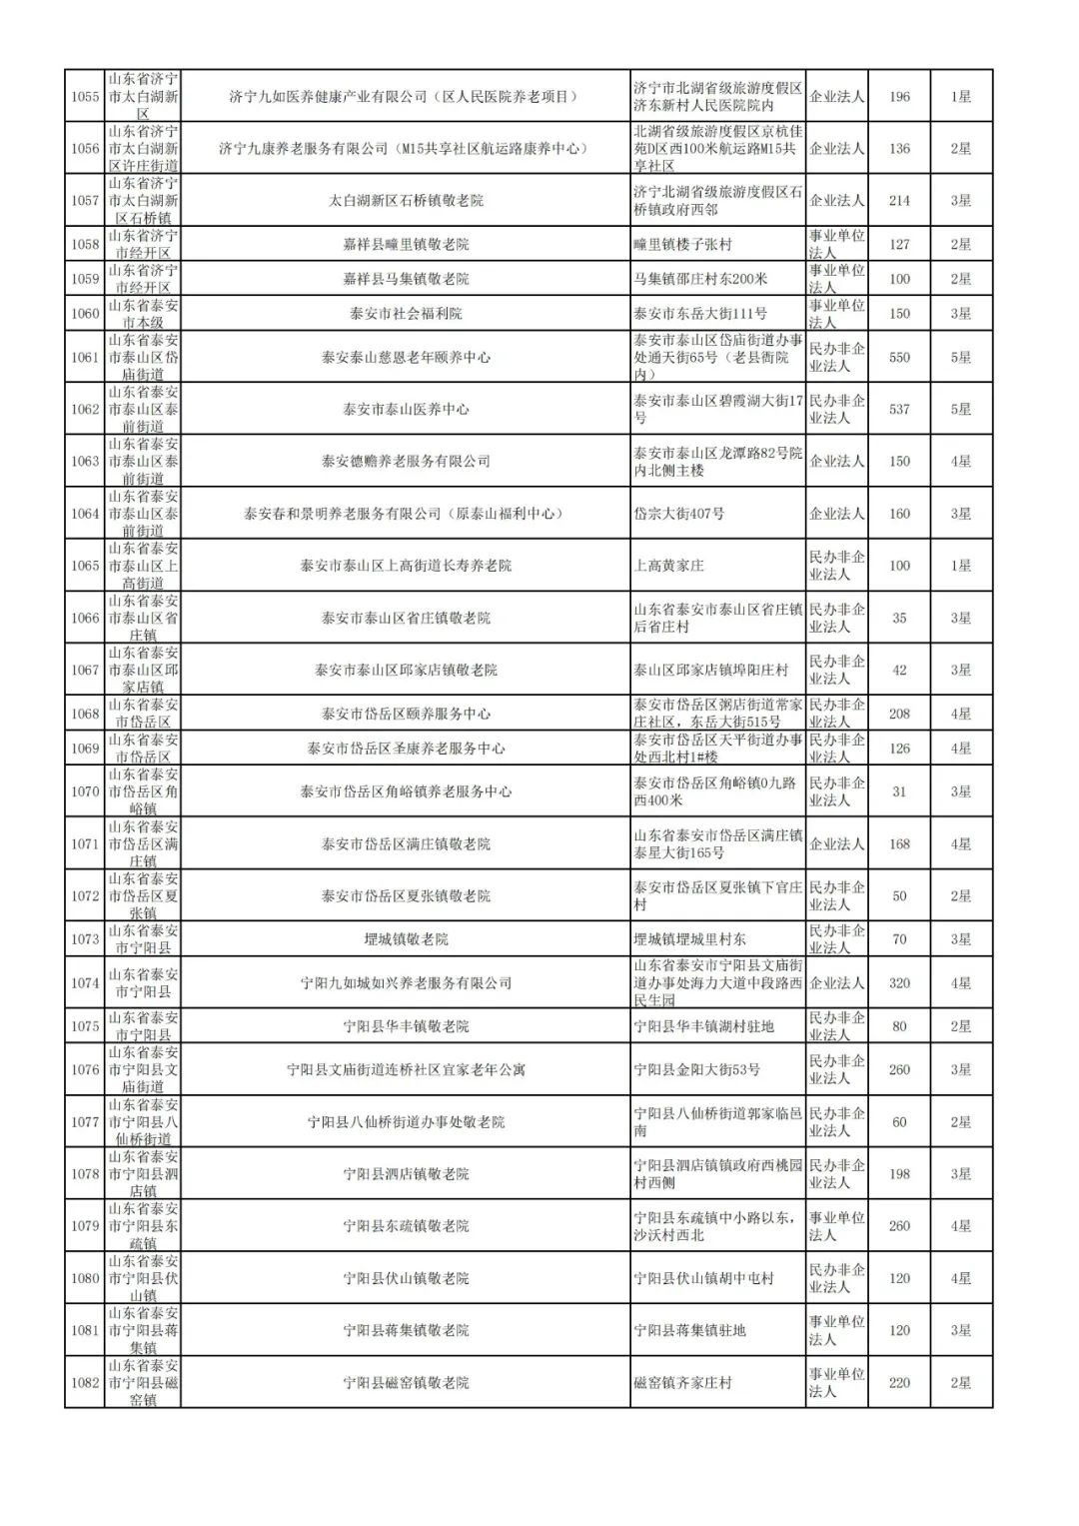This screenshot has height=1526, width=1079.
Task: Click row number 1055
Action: (85, 97)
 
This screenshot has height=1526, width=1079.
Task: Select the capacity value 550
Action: (899, 357)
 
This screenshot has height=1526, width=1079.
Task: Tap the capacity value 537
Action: (899, 409)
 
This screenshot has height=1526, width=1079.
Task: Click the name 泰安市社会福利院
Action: (406, 314)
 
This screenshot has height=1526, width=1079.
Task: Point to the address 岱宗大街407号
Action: (679, 514)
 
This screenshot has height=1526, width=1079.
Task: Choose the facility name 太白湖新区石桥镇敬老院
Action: (406, 201)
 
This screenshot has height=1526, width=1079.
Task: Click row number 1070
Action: (85, 791)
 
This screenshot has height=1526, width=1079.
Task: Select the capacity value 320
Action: (899, 983)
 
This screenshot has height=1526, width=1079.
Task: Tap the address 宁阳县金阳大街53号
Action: (697, 1069)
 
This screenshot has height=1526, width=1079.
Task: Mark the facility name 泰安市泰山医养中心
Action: (406, 409)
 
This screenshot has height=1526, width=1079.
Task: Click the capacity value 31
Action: (899, 791)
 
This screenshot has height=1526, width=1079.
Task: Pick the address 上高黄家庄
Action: (669, 566)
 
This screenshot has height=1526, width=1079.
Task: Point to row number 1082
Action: (85, 1383)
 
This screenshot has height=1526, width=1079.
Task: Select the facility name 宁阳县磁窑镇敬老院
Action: (406, 1383)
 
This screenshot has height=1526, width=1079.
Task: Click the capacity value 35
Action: (899, 619)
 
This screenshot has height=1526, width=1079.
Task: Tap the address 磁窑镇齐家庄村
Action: (683, 1383)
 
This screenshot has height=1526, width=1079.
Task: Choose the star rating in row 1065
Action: (961, 566)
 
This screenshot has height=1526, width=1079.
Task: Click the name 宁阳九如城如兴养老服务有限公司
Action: (406, 983)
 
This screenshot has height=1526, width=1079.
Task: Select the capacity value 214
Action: (899, 201)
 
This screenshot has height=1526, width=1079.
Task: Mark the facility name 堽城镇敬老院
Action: (406, 939)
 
